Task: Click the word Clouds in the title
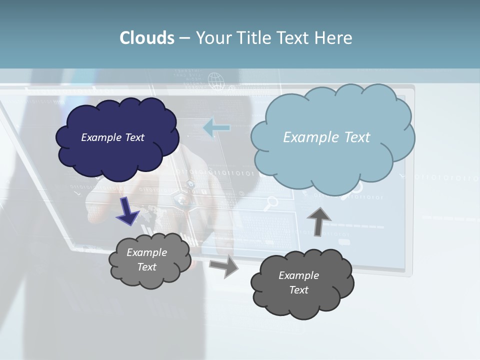click(x=147, y=38)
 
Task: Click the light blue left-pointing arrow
click(x=216, y=128)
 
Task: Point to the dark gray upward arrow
click(x=318, y=221)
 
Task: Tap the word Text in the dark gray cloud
click(x=298, y=290)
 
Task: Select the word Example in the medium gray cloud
click(x=146, y=252)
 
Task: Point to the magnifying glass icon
click(x=271, y=202)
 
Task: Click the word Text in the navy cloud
click(x=134, y=137)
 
